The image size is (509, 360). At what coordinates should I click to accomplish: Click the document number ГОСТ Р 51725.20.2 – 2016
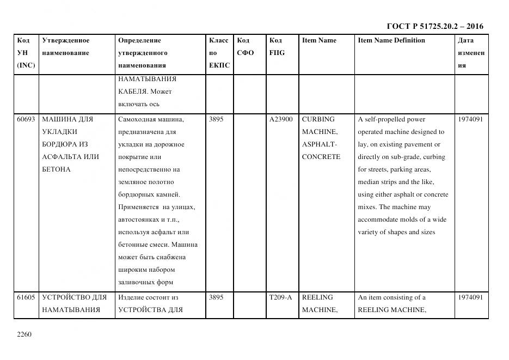[434, 26]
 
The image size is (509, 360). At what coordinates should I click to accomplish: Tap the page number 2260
[25, 334]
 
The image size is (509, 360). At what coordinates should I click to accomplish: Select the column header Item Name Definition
[391, 40]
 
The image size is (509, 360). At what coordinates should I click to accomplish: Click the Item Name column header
[319, 40]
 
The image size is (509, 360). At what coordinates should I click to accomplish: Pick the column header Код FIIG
[277, 47]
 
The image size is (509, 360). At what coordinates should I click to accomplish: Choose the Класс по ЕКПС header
[219, 53]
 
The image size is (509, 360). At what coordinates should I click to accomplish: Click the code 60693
[26, 119]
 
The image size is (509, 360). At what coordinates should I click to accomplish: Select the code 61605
[26, 297]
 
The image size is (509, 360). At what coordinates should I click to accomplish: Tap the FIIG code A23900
[281, 119]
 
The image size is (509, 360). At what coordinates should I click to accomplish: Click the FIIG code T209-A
[280, 297]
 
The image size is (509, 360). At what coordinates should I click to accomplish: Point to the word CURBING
[318, 119]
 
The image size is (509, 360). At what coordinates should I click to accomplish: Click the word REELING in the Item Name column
[317, 297]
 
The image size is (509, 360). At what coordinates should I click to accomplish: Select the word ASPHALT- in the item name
[320, 144]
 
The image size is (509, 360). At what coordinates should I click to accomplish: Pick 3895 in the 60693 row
[216, 119]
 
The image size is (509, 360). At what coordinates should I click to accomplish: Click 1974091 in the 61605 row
[470, 297]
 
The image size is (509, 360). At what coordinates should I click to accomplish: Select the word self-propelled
[384, 119]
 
